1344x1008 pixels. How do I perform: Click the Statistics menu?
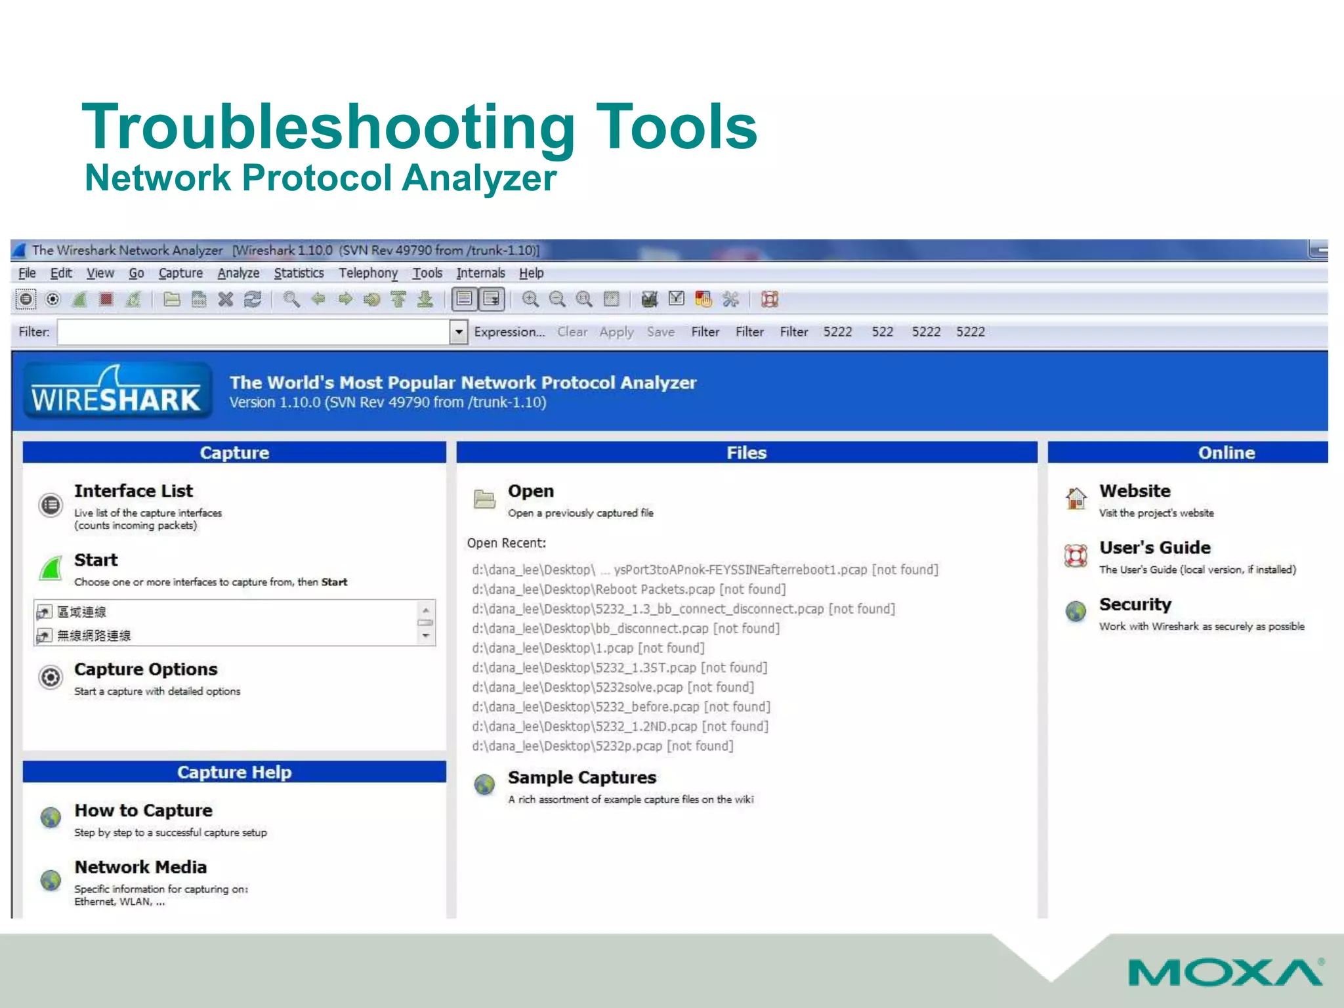point(299,273)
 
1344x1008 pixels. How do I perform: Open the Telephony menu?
point(367,273)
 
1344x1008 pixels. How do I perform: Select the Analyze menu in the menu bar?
point(238,273)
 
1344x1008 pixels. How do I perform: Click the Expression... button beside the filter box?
point(509,332)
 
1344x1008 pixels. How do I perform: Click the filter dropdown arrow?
point(459,332)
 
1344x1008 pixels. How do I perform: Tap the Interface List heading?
point(133,491)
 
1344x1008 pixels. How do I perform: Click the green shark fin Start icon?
point(51,568)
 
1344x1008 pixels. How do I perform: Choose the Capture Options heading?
point(146,669)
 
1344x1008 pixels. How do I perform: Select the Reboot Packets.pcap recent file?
point(628,589)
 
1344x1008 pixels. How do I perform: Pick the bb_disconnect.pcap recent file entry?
point(625,629)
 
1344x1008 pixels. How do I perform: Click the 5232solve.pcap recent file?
point(612,687)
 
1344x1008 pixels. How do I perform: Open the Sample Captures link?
point(581,778)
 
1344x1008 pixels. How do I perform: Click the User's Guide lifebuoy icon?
point(1076,556)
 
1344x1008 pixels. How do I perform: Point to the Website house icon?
point(1076,499)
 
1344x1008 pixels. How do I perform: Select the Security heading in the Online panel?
point(1135,604)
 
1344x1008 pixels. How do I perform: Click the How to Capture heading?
point(143,810)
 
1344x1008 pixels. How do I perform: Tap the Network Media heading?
point(140,867)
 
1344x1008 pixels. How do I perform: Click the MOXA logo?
point(1225,972)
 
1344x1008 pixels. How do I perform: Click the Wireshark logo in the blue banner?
point(117,392)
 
